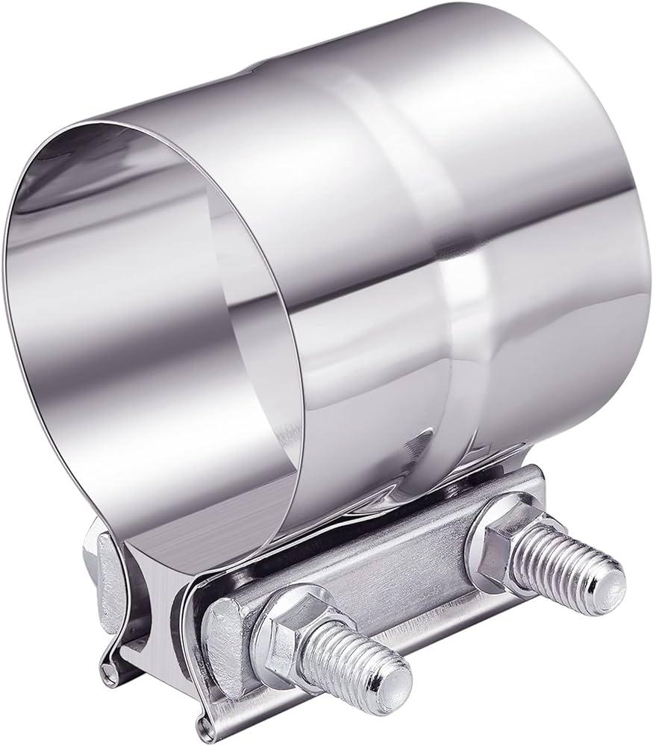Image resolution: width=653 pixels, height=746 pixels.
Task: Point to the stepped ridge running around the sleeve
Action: coord(448,298)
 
